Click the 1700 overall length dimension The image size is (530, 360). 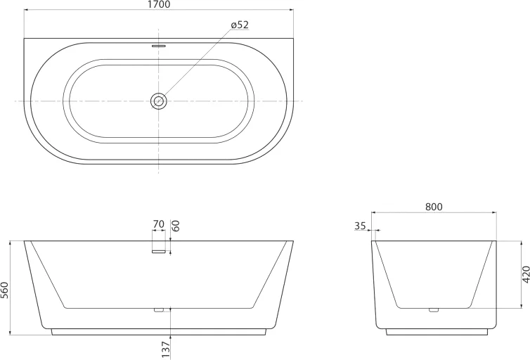click(x=159, y=5)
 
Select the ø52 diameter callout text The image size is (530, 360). click(x=240, y=25)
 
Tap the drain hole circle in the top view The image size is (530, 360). click(x=159, y=101)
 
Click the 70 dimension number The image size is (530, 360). click(x=158, y=225)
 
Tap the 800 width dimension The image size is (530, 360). click(x=434, y=207)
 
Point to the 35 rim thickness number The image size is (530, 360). click(x=361, y=226)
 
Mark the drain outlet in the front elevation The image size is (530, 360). click(x=158, y=308)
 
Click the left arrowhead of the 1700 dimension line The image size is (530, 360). click(x=26, y=11)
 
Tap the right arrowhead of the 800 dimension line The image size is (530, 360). click(x=495, y=212)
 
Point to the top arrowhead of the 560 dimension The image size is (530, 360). click(x=10, y=243)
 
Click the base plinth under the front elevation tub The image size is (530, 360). click(x=159, y=331)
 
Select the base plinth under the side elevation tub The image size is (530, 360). click(x=434, y=331)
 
